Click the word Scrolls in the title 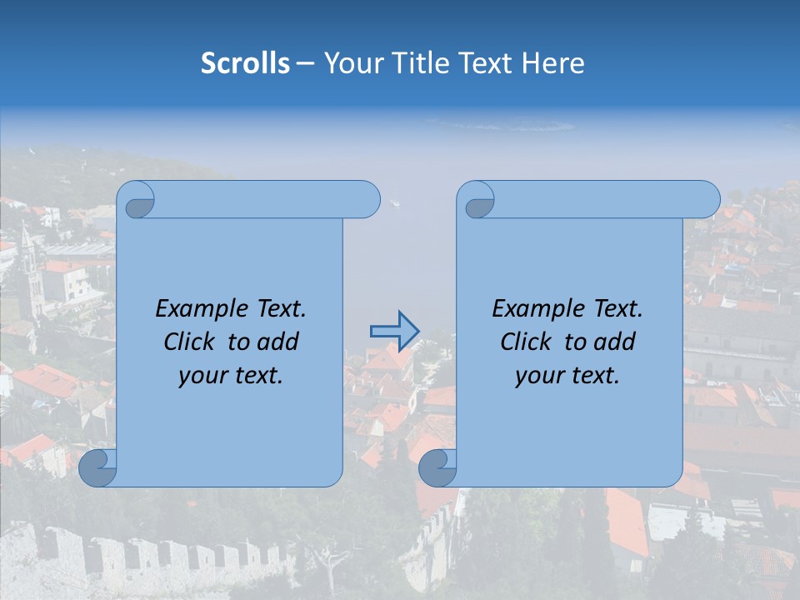click(x=245, y=63)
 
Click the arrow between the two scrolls click(x=394, y=331)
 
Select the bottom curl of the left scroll click(x=97, y=467)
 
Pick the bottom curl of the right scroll click(x=437, y=467)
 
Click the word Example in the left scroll click(x=197, y=309)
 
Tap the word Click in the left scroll click(x=189, y=342)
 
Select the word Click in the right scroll click(x=526, y=342)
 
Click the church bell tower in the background click(x=30, y=267)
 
